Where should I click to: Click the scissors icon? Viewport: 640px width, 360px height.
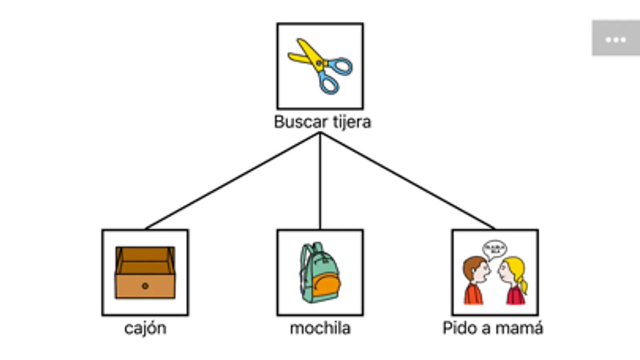tap(320, 66)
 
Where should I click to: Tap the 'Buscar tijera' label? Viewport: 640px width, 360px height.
tap(322, 122)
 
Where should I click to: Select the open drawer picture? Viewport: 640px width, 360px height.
tap(145, 272)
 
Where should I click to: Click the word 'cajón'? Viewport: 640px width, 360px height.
tap(145, 328)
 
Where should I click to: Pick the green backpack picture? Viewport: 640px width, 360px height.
tap(320, 272)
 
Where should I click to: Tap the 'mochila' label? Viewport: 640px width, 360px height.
tap(320, 328)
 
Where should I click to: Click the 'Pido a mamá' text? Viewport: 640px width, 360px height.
tap(493, 328)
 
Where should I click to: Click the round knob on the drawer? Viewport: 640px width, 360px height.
tap(145, 286)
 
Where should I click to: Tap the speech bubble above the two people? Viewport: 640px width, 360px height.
tap(494, 249)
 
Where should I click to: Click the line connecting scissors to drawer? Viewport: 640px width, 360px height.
tap(232, 181)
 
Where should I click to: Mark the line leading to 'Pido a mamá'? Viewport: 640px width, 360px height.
tap(407, 181)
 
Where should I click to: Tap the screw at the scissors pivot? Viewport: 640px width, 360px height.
tap(319, 63)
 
